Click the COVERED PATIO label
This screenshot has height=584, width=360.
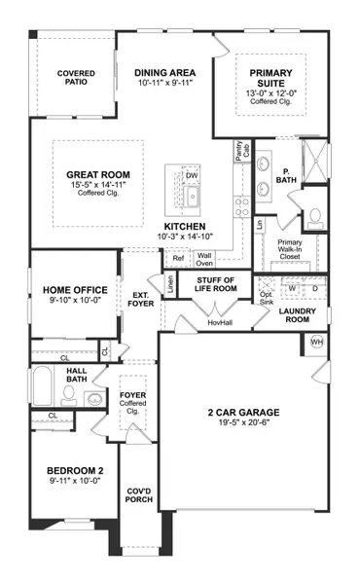click(x=74, y=78)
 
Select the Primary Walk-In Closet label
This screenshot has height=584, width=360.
click(x=292, y=251)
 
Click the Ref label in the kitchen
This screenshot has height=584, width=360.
click(x=177, y=259)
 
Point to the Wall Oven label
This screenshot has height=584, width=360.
click(x=204, y=259)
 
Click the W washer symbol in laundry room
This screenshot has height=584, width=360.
click(x=290, y=288)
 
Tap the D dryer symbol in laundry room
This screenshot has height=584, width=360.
click(x=314, y=288)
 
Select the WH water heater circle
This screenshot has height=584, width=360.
click(x=316, y=342)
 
